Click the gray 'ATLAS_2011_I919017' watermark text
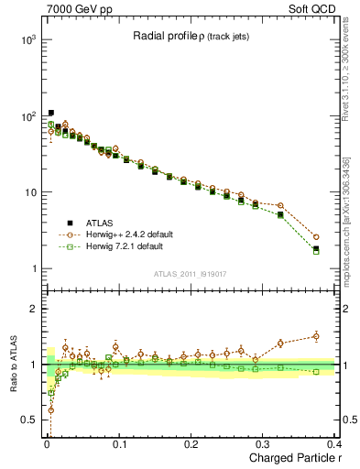click(189, 273)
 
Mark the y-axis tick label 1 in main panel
click(31, 268)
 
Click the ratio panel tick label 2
click(31, 309)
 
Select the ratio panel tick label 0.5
click(27, 420)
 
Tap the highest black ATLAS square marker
click(50, 113)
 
